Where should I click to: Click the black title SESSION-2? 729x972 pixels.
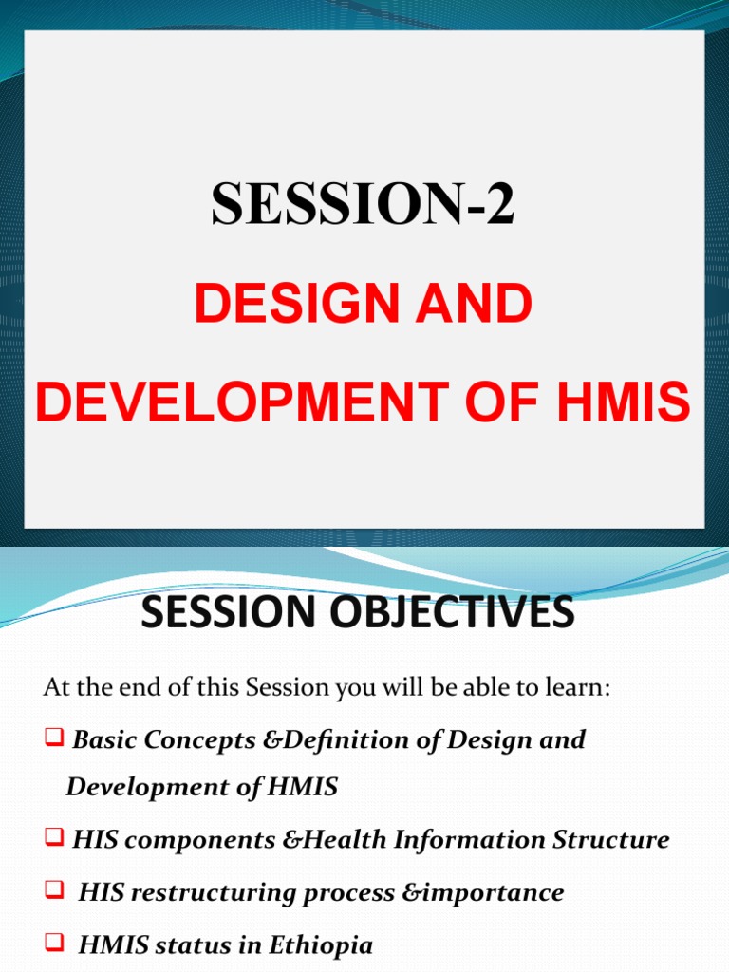coord(364,203)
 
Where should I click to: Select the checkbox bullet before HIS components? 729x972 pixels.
coord(55,839)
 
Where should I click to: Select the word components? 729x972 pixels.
coord(182,841)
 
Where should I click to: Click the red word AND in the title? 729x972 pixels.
coord(483,306)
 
